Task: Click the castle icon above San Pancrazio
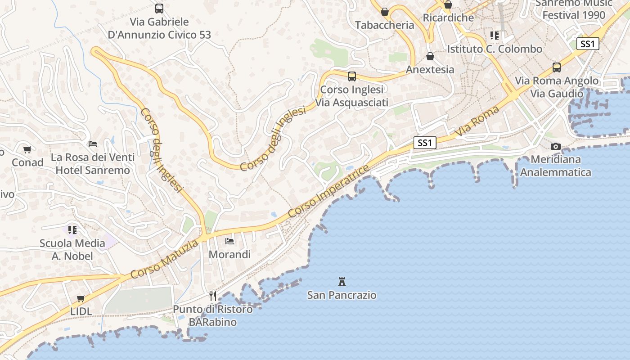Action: (342, 282)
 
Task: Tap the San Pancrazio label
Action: (342, 295)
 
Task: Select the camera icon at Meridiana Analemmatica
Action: (556, 146)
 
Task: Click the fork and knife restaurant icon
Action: (213, 296)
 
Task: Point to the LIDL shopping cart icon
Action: (81, 298)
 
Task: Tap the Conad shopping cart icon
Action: (27, 149)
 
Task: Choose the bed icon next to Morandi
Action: (229, 241)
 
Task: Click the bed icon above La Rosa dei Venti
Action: (93, 144)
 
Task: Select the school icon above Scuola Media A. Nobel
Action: (72, 229)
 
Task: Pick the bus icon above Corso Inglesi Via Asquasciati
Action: (352, 76)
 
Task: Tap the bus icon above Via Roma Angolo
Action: (557, 67)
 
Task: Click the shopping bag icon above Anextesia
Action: (430, 56)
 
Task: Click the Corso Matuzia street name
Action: (164, 259)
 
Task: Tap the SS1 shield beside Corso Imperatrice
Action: (425, 143)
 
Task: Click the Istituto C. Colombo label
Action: (495, 49)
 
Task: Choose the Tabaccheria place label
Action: (384, 25)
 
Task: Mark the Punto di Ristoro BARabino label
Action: (213, 315)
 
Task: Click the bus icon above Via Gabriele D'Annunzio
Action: (159, 8)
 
